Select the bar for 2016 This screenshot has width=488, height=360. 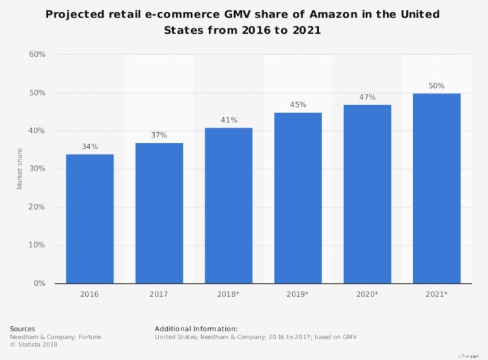tap(90, 219)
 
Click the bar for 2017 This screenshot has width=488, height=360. tap(159, 213)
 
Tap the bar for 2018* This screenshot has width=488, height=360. tap(228, 205)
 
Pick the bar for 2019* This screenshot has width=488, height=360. tap(297, 198)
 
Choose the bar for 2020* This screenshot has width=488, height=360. tap(367, 194)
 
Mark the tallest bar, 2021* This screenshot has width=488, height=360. tap(437, 188)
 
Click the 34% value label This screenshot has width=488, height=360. tap(90, 146)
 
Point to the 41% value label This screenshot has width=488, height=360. tap(228, 120)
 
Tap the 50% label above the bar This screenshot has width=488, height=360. tap(437, 85)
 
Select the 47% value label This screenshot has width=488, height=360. tap(367, 97)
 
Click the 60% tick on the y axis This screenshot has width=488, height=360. tap(37, 55)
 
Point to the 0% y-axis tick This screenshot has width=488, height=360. tap(39, 283)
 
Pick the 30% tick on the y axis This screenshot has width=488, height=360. tap(37, 169)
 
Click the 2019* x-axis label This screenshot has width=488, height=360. tap(297, 295)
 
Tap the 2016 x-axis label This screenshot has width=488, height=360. tap(90, 295)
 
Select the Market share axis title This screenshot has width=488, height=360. tap(20, 169)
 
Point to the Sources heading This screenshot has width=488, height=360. tap(23, 329)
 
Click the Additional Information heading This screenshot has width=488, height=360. tap(196, 329)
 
